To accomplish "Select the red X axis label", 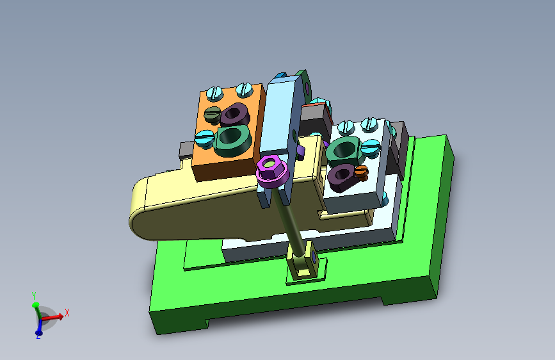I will tap(67, 313).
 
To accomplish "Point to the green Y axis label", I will tap(34, 295).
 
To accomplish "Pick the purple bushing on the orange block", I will tap(235, 115).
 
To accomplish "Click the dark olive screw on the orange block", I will tap(213, 115).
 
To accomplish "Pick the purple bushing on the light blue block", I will tap(341, 175).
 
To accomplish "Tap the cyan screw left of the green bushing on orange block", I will tap(205, 136).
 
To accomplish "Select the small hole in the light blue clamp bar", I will tap(294, 135).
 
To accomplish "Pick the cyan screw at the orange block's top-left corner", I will tap(213, 93).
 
